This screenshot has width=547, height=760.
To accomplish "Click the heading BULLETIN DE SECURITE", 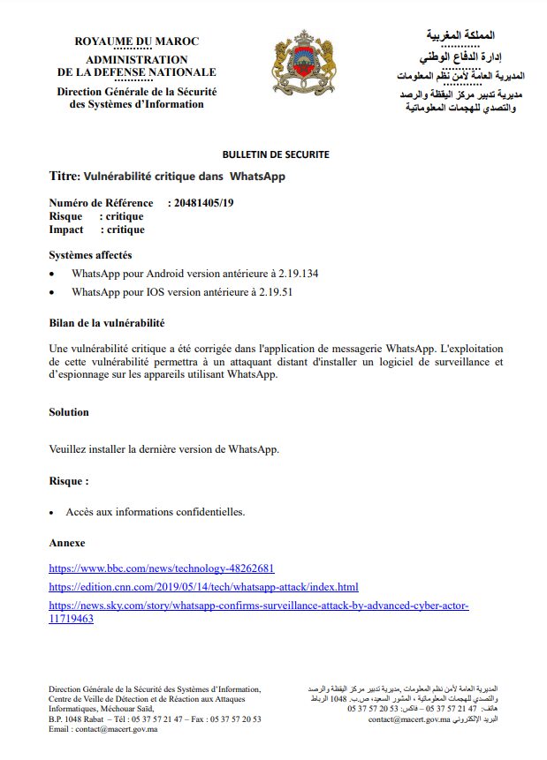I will pyautogui.click(x=276, y=154).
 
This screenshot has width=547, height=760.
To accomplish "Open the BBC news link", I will pyautogui.click(x=162, y=568).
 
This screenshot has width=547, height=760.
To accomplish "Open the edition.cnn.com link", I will pyautogui.click(x=203, y=587).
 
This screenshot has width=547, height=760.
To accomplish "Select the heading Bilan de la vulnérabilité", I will pyautogui.click(x=107, y=322).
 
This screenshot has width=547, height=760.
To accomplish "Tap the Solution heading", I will pyautogui.click(x=69, y=412).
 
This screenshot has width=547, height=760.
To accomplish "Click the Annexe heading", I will pyautogui.click(x=67, y=543).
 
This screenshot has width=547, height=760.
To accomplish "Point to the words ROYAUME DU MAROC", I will pyautogui.click(x=137, y=42).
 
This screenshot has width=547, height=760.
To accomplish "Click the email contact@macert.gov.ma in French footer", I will pyautogui.click(x=116, y=729).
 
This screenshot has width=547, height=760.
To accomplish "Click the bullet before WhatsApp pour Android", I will pyautogui.click(x=54, y=274).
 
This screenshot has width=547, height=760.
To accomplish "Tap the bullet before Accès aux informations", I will pyautogui.click(x=54, y=512).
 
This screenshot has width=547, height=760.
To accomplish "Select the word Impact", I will pyautogui.click(x=66, y=230).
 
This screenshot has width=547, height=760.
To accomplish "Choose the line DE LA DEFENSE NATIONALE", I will pyautogui.click(x=137, y=72).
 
